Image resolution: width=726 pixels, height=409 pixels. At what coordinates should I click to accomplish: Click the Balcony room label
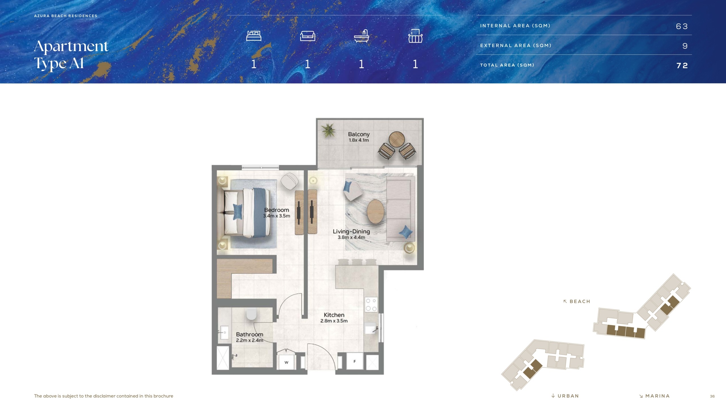pos(359,134)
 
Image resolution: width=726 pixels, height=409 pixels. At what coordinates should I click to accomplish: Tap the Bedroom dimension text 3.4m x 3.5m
pos(277,216)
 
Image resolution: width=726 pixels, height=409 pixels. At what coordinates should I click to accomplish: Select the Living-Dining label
pos(351,231)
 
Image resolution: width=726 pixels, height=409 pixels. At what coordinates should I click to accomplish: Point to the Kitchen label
pos(334,315)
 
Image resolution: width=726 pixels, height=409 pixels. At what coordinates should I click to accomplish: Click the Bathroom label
pos(250,334)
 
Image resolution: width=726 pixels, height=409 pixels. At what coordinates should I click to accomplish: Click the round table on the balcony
pos(396,139)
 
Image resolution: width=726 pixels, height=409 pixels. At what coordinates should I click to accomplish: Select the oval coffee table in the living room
pos(375,212)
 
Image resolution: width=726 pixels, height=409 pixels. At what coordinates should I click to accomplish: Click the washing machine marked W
pos(286,362)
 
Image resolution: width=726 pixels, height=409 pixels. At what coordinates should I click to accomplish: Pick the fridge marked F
pos(354,361)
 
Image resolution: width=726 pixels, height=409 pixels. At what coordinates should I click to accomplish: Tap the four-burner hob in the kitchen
pos(371,304)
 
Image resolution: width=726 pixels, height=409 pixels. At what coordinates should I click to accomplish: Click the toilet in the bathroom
pos(251,314)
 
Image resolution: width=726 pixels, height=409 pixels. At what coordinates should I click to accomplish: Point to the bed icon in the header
pos(254,36)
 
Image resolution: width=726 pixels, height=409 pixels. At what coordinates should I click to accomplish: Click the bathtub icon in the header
pos(362,36)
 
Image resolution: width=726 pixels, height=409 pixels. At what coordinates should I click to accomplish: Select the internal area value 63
pos(682,26)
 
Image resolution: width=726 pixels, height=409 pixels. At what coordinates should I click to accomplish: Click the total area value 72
pos(682,66)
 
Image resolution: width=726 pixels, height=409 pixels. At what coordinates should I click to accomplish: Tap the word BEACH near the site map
pos(580,301)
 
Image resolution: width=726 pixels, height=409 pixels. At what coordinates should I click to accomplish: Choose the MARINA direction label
pos(657,396)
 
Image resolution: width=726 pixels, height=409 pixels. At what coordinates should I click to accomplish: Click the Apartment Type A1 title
pos(71,55)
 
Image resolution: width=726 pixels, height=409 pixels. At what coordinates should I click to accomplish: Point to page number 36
pos(712,396)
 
